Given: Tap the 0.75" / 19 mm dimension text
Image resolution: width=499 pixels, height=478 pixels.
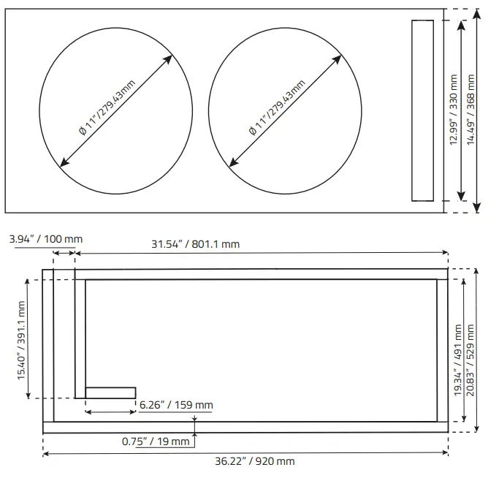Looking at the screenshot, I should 155,441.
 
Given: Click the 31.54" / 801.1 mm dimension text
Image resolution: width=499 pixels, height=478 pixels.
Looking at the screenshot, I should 195,244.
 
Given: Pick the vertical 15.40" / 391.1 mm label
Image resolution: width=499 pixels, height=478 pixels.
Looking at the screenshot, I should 21,339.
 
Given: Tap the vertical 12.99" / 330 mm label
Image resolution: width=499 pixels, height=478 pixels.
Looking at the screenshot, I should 454,110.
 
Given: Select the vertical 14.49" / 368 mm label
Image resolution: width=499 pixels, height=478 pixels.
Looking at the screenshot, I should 471,110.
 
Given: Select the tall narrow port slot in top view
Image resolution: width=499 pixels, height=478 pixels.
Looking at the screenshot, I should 422,110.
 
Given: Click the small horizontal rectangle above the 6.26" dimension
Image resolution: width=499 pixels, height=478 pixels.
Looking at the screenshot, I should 110,392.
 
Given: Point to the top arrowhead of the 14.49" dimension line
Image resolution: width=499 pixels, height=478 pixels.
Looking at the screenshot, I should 476,13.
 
